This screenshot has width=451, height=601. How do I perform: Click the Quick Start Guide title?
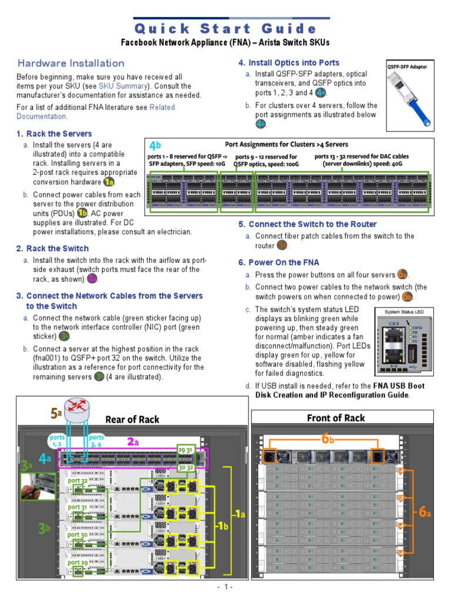click(x=225, y=29)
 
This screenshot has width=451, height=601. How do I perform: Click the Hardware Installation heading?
click(x=70, y=63)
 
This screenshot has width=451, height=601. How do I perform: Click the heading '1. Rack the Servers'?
click(x=55, y=134)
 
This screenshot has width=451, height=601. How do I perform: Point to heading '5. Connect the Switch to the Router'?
click(x=307, y=224)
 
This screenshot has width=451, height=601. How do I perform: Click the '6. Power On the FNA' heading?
click(x=278, y=262)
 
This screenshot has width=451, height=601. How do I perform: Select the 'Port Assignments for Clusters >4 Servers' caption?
click(x=287, y=144)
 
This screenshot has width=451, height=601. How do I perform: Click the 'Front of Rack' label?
click(x=336, y=418)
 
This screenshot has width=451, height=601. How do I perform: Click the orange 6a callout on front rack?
click(x=425, y=512)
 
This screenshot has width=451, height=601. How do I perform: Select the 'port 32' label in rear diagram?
click(x=78, y=480)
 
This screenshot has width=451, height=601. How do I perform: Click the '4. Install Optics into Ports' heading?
click(x=288, y=63)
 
